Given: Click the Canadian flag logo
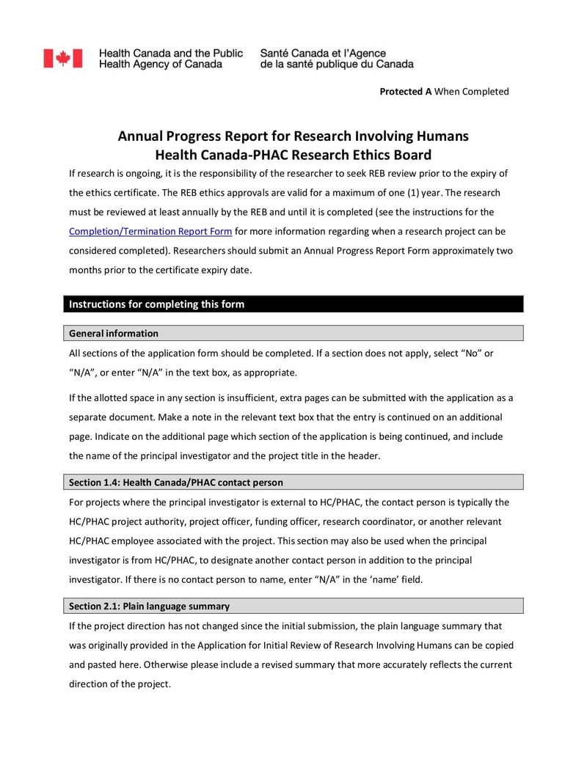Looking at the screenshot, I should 62,59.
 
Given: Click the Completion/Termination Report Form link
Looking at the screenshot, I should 150,232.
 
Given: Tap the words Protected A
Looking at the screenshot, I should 405,92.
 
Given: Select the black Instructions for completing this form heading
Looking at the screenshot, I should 156,304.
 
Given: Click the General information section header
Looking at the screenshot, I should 114,334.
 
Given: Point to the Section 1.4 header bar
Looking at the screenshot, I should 176,483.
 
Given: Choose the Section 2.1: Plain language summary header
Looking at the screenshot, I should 149,606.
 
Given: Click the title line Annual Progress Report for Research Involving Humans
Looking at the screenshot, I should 293,136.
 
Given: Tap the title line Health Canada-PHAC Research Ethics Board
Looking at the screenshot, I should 293,155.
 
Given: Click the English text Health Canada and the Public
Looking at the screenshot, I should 170,54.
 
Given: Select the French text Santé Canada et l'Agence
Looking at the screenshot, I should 323,54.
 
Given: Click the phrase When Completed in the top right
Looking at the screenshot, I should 472,92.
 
